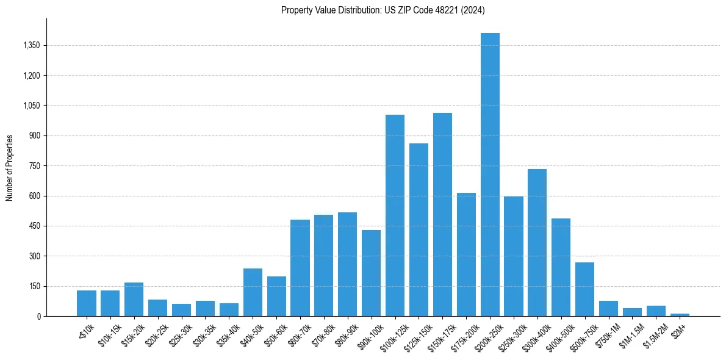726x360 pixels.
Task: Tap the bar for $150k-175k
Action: tap(442, 214)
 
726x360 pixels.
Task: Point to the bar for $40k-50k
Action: tap(253, 292)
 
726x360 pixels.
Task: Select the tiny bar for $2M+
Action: tap(680, 315)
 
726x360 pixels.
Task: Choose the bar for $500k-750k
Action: tap(584, 289)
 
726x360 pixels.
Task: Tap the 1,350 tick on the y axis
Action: tap(31, 46)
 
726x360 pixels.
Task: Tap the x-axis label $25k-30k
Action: tap(179, 333)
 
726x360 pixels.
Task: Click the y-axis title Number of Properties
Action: tap(9, 168)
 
